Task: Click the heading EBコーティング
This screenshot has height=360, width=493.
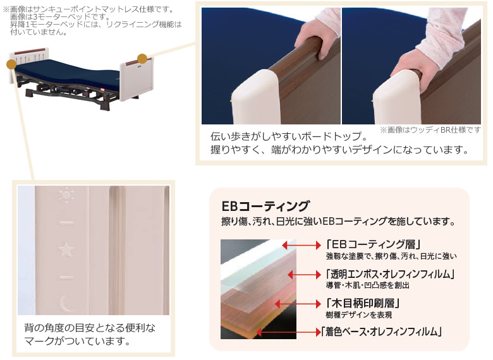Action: pyautogui.click(x=265, y=206)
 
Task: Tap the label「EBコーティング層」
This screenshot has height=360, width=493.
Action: pyautogui.click(x=373, y=244)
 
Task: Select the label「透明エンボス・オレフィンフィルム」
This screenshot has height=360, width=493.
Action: pyautogui.click(x=390, y=274)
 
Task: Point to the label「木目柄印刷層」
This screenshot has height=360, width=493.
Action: pyautogui.click(x=363, y=303)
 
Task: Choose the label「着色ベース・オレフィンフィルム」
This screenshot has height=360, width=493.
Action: pyautogui.click(x=382, y=332)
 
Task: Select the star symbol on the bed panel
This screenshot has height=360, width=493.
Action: pyautogui.click(x=66, y=250)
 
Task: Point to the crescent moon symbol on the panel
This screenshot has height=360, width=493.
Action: pyautogui.click(x=66, y=304)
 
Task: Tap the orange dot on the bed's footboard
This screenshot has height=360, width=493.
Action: pyautogui.click(x=143, y=59)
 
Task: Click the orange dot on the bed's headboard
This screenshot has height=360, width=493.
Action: pyautogui.click(x=11, y=63)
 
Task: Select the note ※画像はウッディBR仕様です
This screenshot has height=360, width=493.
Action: pyautogui.click(x=430, y=129)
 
